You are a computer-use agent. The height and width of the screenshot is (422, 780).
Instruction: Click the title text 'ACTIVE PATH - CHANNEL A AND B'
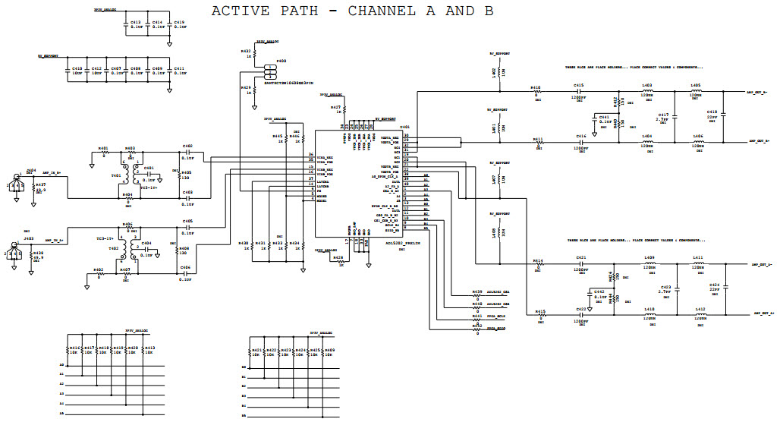pos(352,11)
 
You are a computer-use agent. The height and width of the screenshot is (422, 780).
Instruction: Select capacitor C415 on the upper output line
pos(578,92)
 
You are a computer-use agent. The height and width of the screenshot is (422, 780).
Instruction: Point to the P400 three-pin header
pos(269,71)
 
